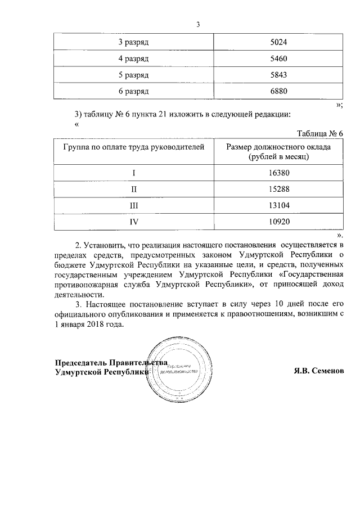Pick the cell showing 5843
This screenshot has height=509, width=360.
point(278,75)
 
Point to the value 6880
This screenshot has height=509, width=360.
point(278,91)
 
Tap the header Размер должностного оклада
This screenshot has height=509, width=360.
point(278,147)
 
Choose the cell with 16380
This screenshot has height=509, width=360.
point(278,173)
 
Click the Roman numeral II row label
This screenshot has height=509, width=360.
point(134,190)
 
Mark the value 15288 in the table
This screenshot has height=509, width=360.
point(278,190)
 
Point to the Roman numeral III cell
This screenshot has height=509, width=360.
point(134,206)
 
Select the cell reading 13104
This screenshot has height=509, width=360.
point(278,206)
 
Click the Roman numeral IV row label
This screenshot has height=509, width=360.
point(134,222)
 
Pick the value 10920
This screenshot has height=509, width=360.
point(278,222)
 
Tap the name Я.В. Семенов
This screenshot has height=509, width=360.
point(318,371)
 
